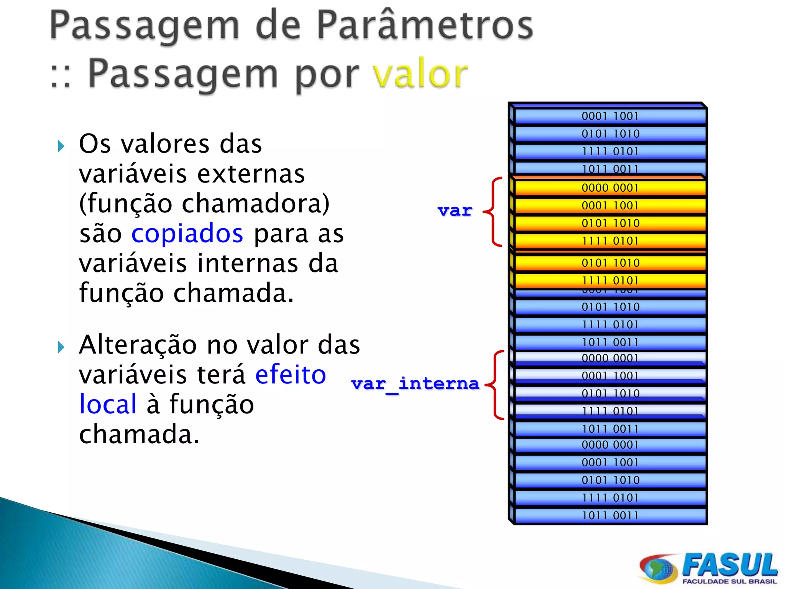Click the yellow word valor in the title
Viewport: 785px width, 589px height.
coord(420,74)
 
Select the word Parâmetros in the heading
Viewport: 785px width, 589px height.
coord(425,25)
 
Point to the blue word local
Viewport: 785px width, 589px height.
coord(108,404)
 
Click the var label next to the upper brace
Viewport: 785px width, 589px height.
coord(455,211)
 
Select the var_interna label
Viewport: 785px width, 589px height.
coord(415,383)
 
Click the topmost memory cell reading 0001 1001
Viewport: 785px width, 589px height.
coord(609,116)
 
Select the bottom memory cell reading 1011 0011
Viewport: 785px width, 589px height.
coord(609,515)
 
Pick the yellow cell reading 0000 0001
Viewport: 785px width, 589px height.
coord(609,188)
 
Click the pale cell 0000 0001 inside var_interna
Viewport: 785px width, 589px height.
coord(609,358)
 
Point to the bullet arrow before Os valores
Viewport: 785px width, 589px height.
coord(61,146)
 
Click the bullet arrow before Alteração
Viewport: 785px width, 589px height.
coord(61,347)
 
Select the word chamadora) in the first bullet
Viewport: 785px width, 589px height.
coord(255,204)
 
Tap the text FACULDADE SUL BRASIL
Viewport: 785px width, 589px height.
coord(729,582)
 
